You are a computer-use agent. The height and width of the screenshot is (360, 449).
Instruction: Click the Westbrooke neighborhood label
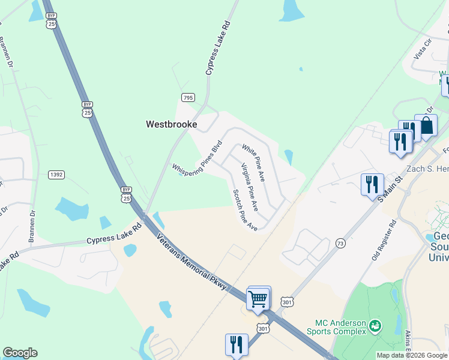(172, 125)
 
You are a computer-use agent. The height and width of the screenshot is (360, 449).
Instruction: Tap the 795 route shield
(188, 97)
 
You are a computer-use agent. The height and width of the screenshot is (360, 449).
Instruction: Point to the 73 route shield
(340, 243)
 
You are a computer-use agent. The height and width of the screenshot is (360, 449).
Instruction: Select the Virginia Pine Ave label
(249, 187)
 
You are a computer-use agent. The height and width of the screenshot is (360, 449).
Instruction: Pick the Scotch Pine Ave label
(245, 211)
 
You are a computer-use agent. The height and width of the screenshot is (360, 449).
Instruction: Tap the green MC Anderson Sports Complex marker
(376, 326)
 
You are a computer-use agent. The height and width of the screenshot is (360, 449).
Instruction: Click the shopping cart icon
(258, 298)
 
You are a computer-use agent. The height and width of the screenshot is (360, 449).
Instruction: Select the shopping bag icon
(426, 127)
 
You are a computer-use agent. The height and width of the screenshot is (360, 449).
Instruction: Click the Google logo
(20, 353)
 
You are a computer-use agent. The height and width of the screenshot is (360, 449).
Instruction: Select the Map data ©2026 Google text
(412, 355)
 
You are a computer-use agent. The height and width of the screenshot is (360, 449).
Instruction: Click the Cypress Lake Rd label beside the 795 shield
(217, 49)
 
